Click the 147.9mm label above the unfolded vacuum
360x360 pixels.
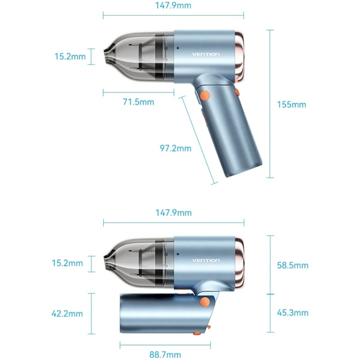(x=173, y=6)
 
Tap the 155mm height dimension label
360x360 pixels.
(x=292, y=104)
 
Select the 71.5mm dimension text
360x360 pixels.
(x=139, y=102)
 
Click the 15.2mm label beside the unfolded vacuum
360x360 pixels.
(x=70, y=57)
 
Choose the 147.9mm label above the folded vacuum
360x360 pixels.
(x=173, y=212)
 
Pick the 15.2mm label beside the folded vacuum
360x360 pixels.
(x=68, y=263)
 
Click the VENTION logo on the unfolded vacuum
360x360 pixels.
(x=206, y=55)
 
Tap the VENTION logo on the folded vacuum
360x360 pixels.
(x=206, y=260)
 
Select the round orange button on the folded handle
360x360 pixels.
(x=205, y=302)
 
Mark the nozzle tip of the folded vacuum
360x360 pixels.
(x=107, y=260)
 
